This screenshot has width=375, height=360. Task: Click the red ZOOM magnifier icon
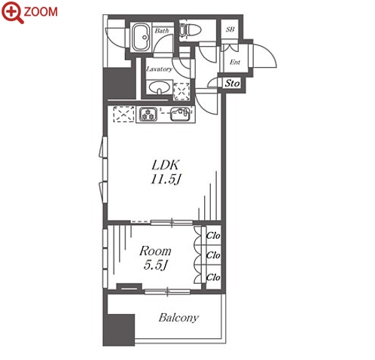pos(12,12)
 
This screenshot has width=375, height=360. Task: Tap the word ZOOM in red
pos(41,12)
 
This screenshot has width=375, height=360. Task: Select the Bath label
pos(162,31)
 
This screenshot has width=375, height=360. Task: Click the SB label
pos(230,29)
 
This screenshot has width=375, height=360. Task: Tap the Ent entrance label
pos(235,62)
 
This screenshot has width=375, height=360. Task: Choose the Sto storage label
pos(232,83)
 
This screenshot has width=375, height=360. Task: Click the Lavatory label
pos(159,69)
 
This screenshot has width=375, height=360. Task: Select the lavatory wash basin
pos(159,88)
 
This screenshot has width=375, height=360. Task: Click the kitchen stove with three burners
pos(148,114)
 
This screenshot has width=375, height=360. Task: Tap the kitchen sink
pos(180,114)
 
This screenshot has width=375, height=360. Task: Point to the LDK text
pos(166,165)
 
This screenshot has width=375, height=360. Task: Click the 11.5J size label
pos(166,179)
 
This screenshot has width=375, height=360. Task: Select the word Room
pos(155,251)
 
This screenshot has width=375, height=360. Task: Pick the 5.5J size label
pos(155,265)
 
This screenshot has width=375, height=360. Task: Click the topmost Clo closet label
pos(213,236)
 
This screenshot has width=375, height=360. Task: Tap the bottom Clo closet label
pos(213,277)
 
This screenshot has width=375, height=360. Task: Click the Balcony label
pos(178,318)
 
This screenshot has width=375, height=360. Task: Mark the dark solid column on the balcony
pos(119,330)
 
